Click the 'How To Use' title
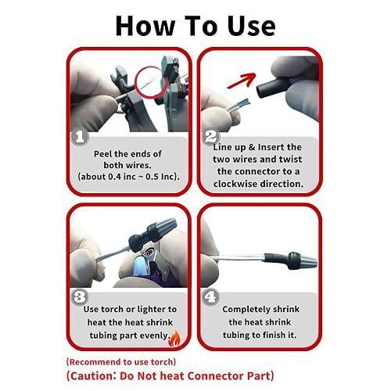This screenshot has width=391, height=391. pos(195,25)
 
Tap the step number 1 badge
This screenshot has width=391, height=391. pos(79,137)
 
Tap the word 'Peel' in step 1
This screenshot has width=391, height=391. pos(105,153)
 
